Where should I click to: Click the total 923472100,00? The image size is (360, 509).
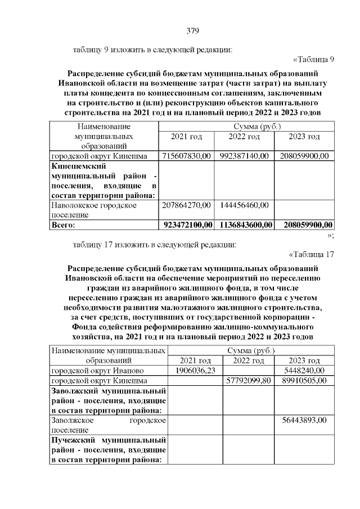click(188, 225)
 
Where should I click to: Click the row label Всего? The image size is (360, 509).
click(63, 225)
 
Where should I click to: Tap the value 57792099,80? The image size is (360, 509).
click(248, 381)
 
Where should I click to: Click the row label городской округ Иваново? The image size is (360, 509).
click(98, 371)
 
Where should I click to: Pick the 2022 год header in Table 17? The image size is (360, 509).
click(249, 361)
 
